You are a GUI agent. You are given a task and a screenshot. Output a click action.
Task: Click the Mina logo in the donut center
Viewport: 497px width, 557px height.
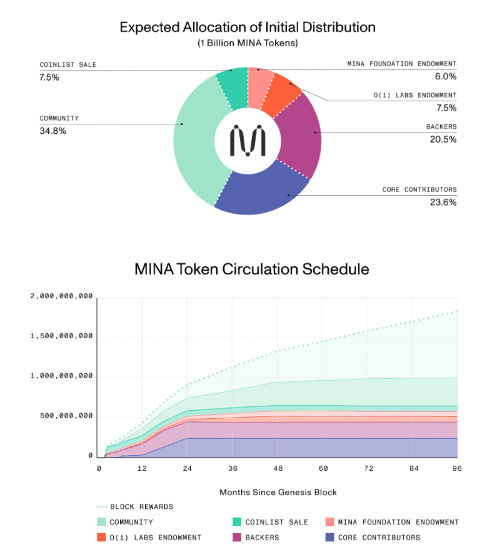tap(248, 141)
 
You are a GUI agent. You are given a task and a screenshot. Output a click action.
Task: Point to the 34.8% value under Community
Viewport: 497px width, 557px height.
tap(53, 131)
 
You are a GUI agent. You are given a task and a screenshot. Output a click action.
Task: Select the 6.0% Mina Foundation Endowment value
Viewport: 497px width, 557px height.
tap(445, 76)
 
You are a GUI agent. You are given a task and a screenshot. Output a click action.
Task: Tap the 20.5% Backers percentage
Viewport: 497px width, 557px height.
tap(443, 139)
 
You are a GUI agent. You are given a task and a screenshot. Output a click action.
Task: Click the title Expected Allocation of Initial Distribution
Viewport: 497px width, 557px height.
tap(248, 28)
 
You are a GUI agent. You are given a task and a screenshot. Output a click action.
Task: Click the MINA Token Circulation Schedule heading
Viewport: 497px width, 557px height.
tap(252, 269)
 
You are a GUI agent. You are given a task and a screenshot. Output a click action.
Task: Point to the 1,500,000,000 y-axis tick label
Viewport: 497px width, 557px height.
tap(62, 336)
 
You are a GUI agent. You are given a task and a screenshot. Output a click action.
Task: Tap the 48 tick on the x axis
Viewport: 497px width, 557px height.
tap(278, 468)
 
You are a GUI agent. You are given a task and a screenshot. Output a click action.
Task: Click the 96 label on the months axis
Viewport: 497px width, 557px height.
tap(457, 468)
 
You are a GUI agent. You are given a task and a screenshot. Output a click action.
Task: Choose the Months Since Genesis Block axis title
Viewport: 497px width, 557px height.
tap(278, 493)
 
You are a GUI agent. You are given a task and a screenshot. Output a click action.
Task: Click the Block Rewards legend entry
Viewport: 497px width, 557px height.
tap(141, 507)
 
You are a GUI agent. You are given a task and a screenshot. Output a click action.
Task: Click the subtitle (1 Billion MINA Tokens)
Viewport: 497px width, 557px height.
tap(248, 43)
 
